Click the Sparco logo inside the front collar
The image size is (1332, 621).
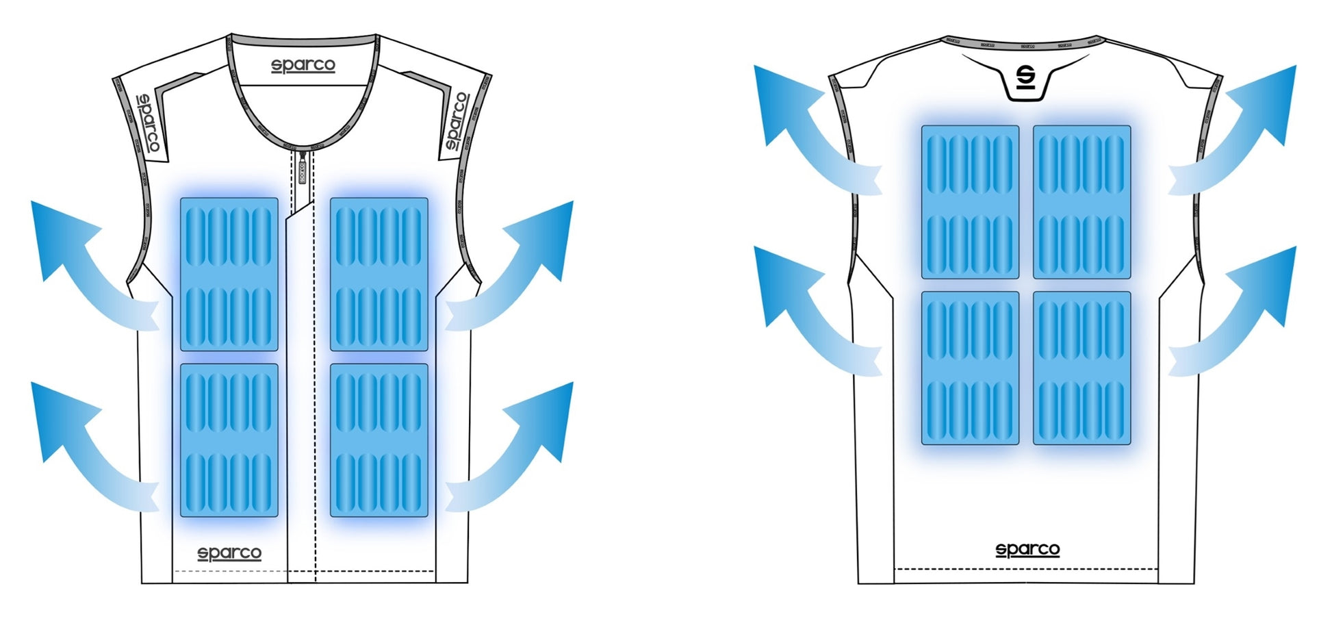[303, 66]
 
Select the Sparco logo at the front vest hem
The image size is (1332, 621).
[229, 553]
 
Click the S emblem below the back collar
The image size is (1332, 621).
[1025, 78]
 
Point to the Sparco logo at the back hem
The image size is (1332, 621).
[1027, 549]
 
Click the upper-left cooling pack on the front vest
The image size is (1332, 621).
[229, 274]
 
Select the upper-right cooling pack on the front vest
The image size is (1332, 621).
[379, 274]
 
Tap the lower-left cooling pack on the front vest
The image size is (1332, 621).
[229, 440]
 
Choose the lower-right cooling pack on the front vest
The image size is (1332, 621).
[379, 440]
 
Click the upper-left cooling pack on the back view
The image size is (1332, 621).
[970, 202]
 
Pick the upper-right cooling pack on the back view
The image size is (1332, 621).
[1081, 202]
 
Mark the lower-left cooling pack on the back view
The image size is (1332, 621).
[970, 368]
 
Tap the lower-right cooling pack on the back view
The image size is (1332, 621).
[1081, 368]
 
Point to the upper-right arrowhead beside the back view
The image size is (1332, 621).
[1270, 99]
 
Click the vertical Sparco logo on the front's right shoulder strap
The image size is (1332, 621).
[457, 121]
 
